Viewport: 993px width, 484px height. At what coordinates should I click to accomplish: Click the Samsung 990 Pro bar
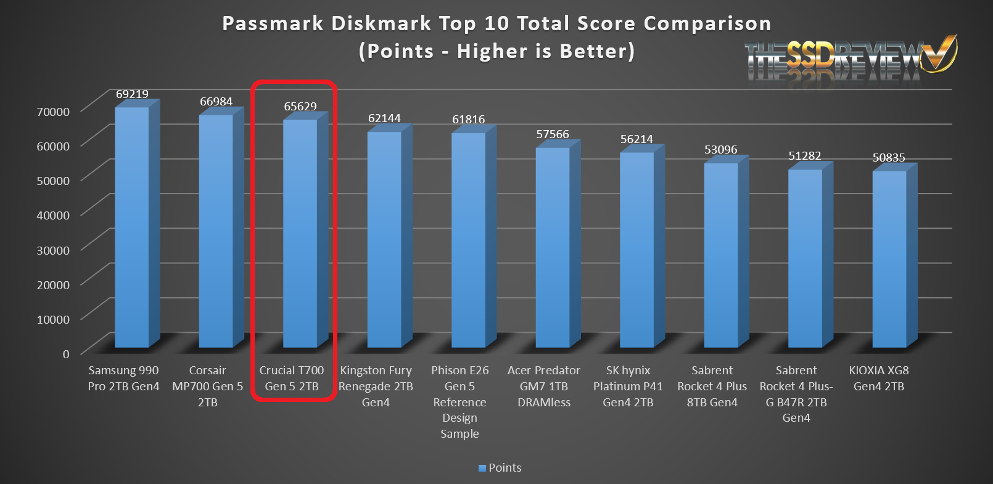pos(132,228)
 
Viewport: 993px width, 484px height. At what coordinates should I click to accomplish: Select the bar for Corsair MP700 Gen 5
pos(216,231)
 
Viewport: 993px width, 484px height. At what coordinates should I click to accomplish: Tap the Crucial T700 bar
pos(300,234)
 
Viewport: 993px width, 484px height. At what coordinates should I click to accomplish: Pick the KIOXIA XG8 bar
pos(889,259)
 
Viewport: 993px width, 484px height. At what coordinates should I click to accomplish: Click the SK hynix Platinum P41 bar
pos(637,250)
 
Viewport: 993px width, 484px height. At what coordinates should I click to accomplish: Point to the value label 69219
pos(132,94)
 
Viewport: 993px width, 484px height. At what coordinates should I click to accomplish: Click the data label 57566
pos(553,134)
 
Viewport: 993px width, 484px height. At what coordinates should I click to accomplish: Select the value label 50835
pos(889,158)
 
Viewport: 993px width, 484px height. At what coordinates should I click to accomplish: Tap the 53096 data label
pos(720,150)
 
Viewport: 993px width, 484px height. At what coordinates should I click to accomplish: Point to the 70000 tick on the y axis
pos(53,112)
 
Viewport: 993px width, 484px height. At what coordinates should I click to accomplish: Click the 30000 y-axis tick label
pos(53,250)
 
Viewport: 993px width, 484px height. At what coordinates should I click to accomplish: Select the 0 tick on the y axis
pos(66,354)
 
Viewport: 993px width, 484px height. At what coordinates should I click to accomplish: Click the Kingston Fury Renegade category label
pos(376,386)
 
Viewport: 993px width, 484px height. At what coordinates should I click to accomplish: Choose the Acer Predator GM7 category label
pos(544,386)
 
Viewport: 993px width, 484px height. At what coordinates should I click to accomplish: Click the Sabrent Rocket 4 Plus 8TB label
pos(712,386)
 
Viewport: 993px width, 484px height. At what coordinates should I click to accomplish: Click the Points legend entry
pos(500,468)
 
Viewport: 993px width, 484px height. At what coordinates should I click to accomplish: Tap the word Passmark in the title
pos(273,23)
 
